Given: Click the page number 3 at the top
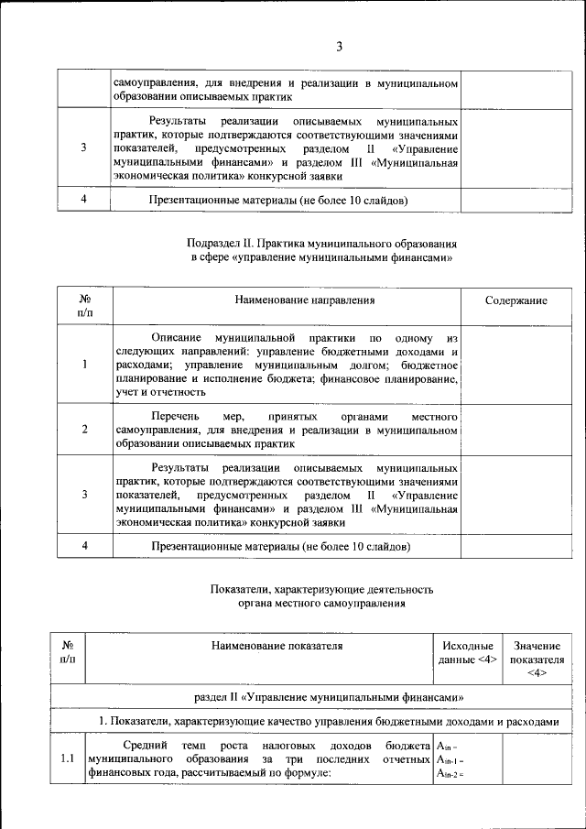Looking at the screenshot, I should (x=338, y=47).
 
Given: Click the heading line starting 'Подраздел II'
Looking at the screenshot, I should (x=321, y=244).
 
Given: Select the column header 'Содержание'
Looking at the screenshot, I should (x=516, y=300).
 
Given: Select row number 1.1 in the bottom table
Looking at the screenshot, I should (x=67, y=758).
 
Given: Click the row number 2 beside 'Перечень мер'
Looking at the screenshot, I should (x=83, y=429).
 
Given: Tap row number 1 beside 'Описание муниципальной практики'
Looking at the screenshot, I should (x=83, y=365).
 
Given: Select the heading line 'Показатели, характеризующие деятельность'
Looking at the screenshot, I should (x=321, y=589).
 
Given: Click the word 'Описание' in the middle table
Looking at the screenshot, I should (x=176, y=337).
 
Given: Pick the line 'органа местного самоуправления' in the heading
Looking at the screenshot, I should (x=321, y=604).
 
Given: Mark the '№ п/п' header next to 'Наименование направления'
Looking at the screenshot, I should (x=83, y=306).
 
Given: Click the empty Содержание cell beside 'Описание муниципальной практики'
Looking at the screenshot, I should (x=516, y=365).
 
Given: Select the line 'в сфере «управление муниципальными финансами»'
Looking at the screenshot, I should (x=321, y=258).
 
